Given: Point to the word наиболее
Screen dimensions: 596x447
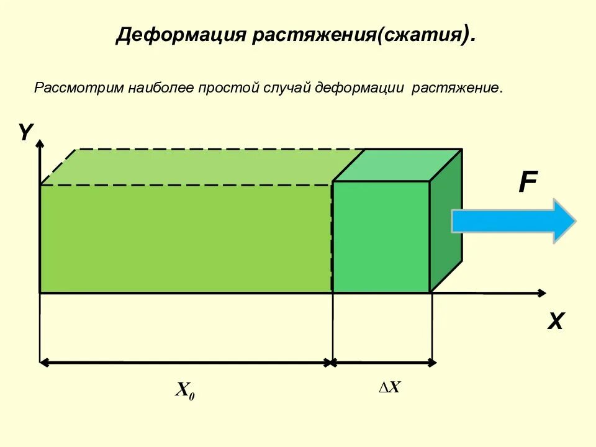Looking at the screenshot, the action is pyautogui.click(x=161, y=87).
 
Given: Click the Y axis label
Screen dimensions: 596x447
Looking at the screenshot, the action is pyautogui.click(x=25, y=132).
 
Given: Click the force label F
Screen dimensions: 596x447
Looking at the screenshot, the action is pyautogui.click(x=528, y=183).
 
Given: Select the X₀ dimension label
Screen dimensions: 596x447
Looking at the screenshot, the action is pyautogui.click(x=185, y=391).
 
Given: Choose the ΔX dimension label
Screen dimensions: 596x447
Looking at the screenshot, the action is pyautogui.click(x=390, y=387).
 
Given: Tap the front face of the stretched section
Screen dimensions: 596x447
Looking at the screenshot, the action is pyautogui.click(x=381, y=237).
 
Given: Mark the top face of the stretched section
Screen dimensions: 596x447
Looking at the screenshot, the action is pyautogui.click(x=397, y=165).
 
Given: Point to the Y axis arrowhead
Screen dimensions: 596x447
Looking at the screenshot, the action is pyautogui.click(x=40, y=147).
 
